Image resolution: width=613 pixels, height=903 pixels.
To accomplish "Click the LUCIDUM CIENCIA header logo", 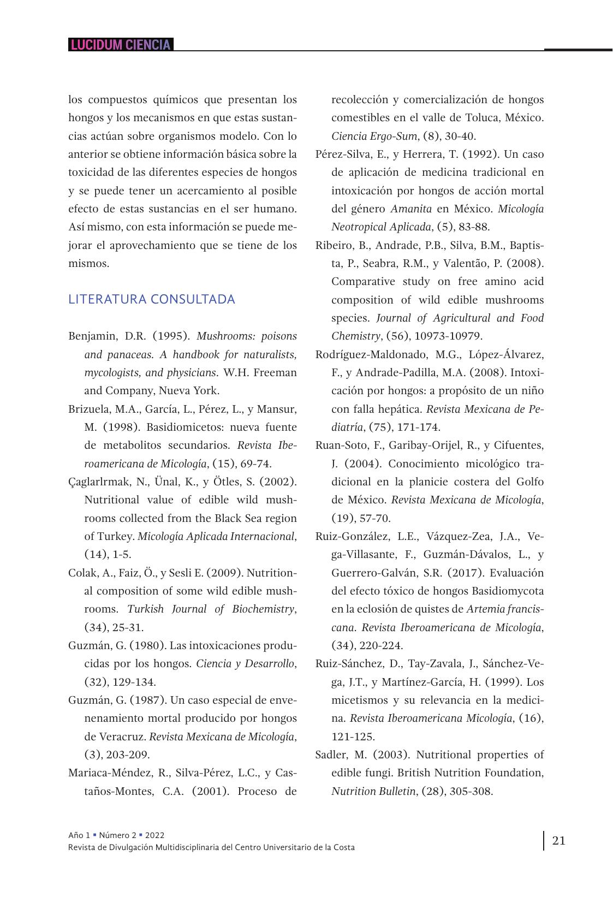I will point(121,45).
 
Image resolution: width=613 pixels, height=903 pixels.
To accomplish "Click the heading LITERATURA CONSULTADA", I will point(152,299).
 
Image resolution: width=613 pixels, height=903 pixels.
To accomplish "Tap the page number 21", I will point(558,840).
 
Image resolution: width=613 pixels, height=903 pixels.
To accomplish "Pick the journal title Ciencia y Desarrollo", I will point(246,663).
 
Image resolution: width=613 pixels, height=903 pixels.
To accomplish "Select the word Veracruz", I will point(123,736).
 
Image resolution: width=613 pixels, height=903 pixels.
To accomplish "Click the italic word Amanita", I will point(410,209).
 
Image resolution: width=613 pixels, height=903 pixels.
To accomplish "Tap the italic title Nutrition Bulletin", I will point(373,791).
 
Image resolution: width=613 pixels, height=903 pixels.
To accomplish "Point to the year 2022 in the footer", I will point(154,835).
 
